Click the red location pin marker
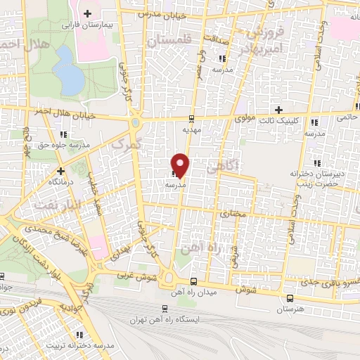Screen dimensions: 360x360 181,165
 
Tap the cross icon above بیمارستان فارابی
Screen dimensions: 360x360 87,13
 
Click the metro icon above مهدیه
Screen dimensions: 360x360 192,118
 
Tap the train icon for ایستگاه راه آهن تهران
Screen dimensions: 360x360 165,308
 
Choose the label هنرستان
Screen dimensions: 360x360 290,309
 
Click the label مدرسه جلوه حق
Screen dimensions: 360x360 64,146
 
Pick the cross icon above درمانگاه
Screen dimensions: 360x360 60,170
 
